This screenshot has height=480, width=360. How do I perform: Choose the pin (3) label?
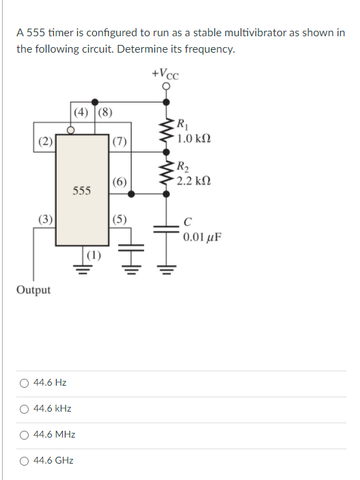tap(45, 220)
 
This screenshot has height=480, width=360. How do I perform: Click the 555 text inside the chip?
tap(81, 190)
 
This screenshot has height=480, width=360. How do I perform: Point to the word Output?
tap(33, 290)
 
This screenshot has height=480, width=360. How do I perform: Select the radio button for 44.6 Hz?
tap(24, 383)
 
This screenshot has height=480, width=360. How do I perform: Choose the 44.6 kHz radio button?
tap(24, 409)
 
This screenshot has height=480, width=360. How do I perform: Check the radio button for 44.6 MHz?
tap(24, 435)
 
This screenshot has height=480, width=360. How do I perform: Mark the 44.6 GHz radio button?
tap(24, 461)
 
